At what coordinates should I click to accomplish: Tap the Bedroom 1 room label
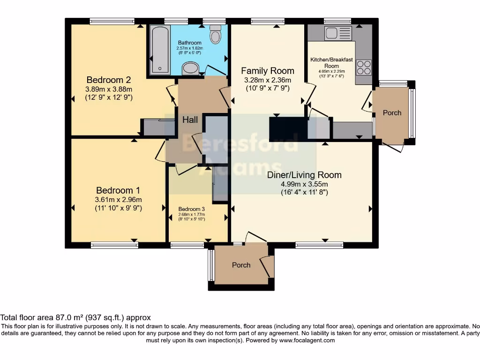point(118,190)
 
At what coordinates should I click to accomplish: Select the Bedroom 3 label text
point(191,209)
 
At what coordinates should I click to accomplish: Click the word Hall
point(190,120)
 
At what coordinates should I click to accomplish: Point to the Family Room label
point(268,71)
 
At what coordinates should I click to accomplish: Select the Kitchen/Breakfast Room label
point(331,63)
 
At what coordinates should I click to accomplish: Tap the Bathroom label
point(189,43)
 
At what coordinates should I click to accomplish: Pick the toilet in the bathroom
point(216,34)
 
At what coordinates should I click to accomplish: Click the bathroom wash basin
point(190,69)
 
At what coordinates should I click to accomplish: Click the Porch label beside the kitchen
point(392,112)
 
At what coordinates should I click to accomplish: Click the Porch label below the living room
point(241,265)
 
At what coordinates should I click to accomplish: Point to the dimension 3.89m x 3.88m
point(109,89)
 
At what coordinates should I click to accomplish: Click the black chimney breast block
point(287,129)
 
